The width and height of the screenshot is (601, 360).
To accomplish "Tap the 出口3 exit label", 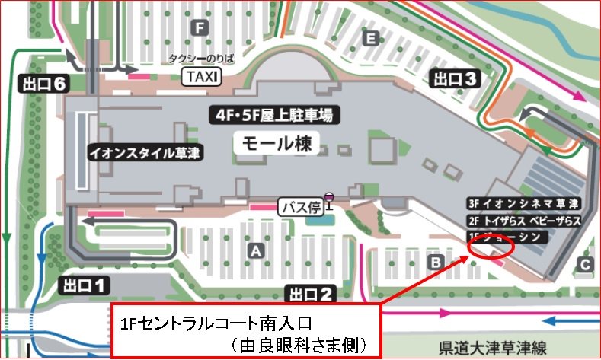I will tap(455, 78).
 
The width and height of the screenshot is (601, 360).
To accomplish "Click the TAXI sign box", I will tap(202, 76).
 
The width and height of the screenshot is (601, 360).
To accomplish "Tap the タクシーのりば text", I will tap(200, 59).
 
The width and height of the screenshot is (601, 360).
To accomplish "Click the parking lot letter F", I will tap(200, 28).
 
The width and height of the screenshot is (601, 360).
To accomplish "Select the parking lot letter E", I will tap(371, 38).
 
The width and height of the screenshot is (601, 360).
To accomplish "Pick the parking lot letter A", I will tap(256, 249).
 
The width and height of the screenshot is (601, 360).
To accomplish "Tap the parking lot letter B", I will tap(436, 262).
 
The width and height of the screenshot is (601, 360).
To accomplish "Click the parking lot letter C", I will tap(584, 264).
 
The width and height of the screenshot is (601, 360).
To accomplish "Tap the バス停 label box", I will tap(303, 207).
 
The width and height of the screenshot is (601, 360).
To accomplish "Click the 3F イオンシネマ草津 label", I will tap(524, 204).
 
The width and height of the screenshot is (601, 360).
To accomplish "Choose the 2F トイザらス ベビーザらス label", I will tap(524, 221).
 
